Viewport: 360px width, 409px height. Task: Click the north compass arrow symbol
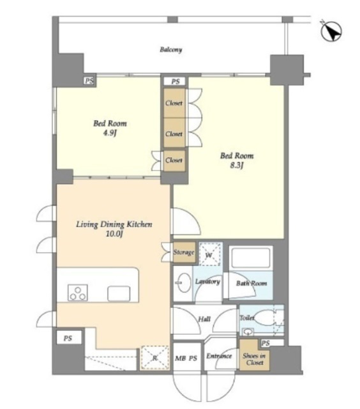click(331, 31)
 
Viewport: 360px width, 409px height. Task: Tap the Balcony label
click(171, 49)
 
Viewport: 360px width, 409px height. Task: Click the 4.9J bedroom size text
click(110, 134)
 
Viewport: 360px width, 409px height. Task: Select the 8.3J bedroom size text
click(237, 166)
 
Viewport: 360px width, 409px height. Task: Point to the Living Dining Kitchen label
click(114, 224)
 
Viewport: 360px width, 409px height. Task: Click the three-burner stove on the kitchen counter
click(78, 293)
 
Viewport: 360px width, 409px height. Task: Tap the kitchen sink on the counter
click(119, 293)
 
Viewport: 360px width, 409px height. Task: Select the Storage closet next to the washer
click(184, 252)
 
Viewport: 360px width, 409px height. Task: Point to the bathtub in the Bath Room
click(250, 258)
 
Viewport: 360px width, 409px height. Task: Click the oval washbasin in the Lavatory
click(184, 283)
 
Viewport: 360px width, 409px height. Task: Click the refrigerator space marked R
click(154, 358)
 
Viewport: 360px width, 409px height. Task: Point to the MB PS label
click(186, 359)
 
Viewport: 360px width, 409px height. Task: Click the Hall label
click(204, 319)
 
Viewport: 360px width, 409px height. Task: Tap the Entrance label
click(219, 356)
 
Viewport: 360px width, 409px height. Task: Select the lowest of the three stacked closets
click(174, 160)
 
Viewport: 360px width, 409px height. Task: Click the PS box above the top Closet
click(175, 82)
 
